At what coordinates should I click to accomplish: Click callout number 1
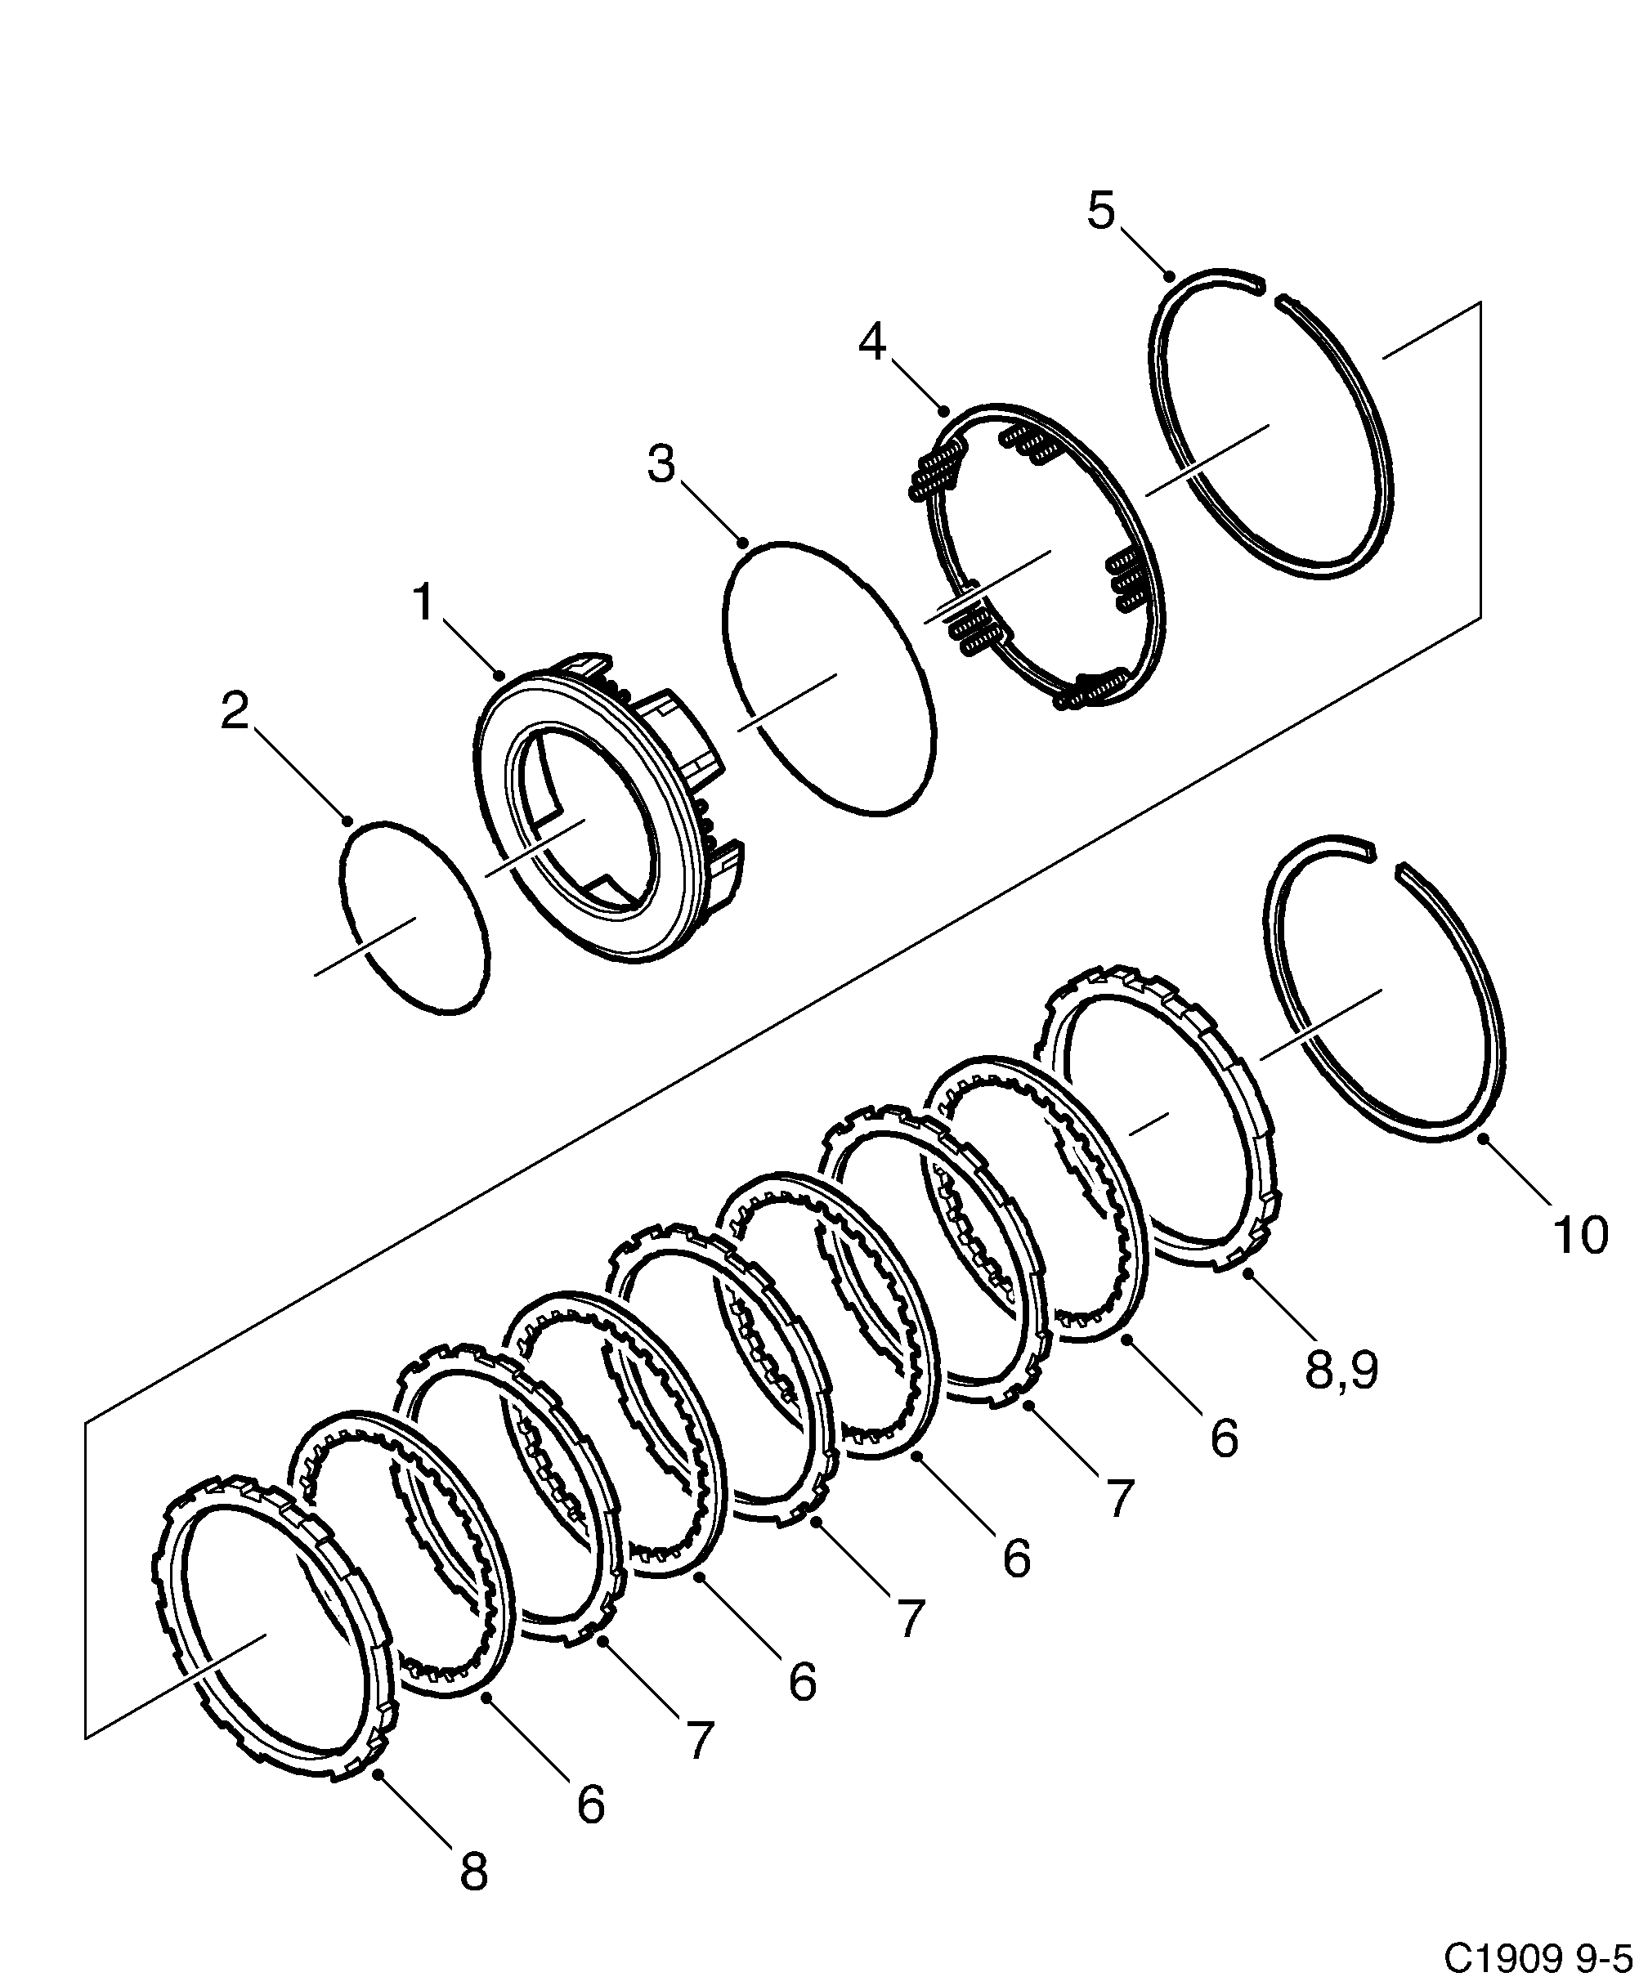(x=423, y=602)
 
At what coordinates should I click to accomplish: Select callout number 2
(x=235, y=710)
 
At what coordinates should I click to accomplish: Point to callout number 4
(x=872, y=342)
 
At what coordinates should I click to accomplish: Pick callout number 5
(x=1101, y=210)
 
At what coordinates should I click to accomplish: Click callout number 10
(x=1580, y=1235)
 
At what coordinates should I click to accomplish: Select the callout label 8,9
(x=1341, y=1371)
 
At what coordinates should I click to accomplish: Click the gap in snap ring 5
(x=1269, y=289)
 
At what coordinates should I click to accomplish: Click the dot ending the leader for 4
(x=944, y=411)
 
